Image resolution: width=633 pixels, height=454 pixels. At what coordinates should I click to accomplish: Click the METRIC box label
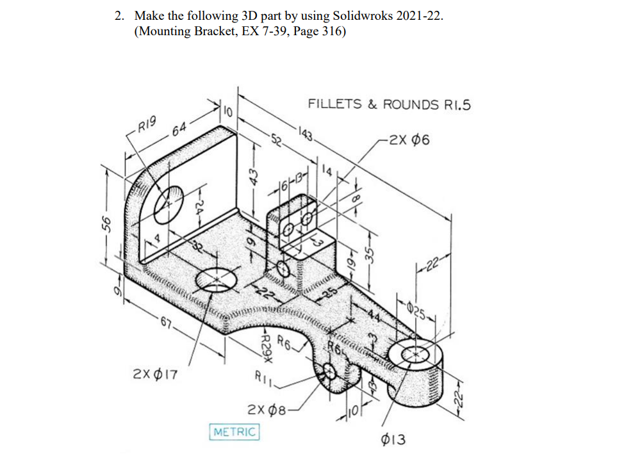[234, 432]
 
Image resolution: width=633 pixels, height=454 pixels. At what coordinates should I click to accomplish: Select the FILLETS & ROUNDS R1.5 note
[389, 104]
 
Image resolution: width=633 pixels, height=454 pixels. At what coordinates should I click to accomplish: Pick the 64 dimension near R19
[180, 133]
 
